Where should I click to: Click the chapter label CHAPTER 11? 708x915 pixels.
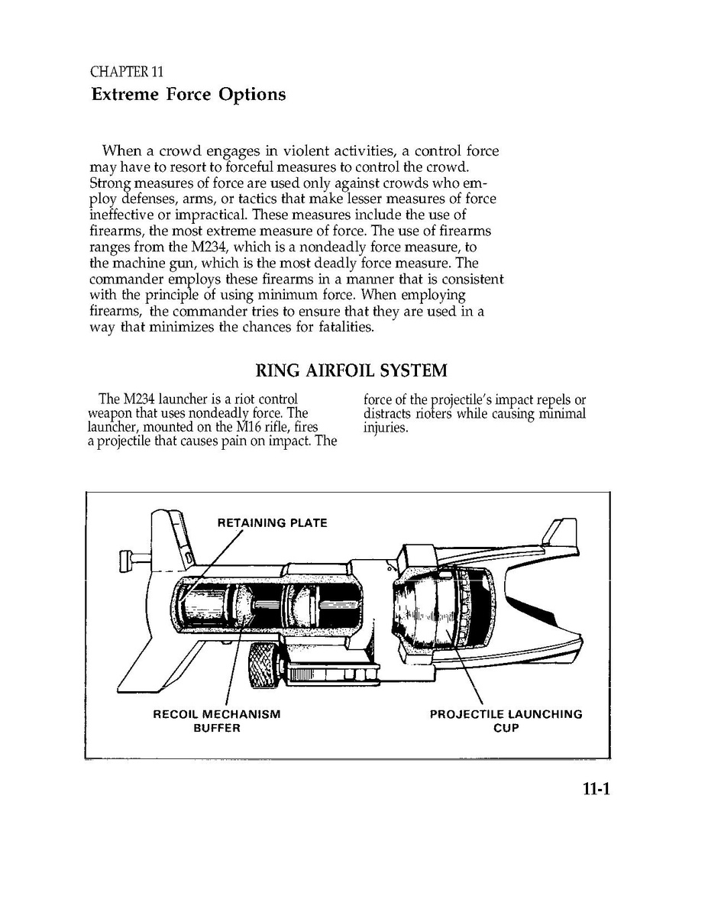coord(126,73)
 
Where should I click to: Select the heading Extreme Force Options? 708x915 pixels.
coord(189,95)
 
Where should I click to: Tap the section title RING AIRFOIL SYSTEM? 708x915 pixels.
coord(351,371)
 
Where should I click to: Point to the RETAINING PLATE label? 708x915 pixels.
coord(272,523)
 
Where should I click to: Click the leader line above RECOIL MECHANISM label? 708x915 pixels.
coord(228,680)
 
